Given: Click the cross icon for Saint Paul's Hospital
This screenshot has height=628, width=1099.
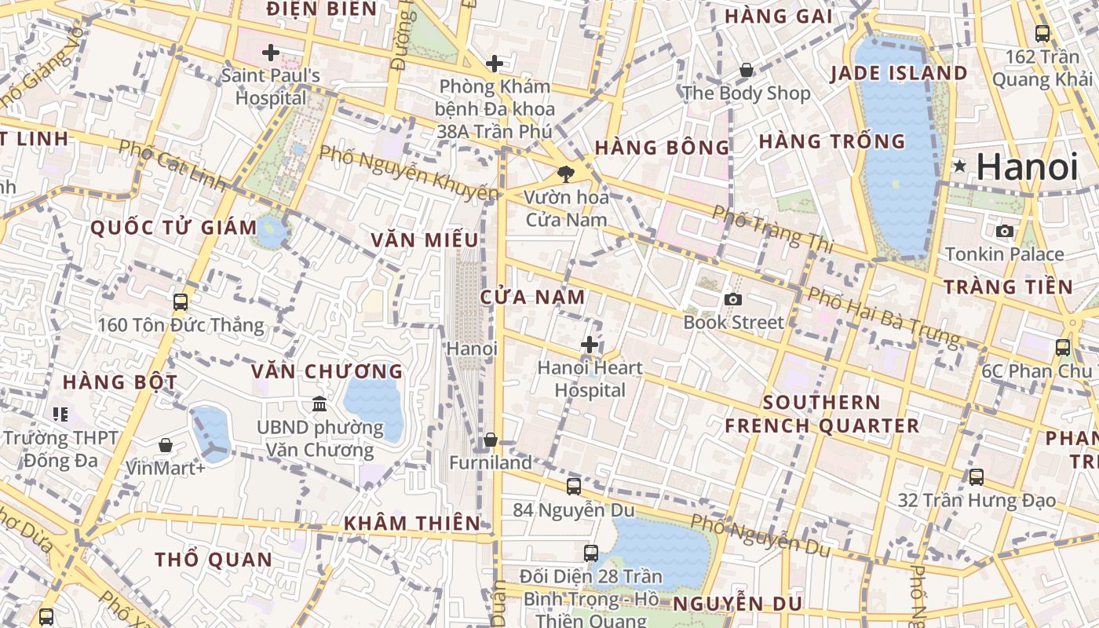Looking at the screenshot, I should [271, 53].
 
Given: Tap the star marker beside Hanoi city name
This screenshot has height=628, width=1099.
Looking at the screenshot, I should [959, 166].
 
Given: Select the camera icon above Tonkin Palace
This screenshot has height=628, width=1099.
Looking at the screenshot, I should [1004, 231].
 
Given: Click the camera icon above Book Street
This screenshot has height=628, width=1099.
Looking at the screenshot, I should [733, 299].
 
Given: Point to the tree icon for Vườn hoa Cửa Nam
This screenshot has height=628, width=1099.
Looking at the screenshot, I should [565, 173].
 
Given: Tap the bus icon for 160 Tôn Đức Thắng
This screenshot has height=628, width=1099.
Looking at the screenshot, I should [181, 302].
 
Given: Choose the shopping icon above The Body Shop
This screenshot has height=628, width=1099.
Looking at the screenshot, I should [747, 71].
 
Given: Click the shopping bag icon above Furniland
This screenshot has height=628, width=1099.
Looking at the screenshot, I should [491, 440].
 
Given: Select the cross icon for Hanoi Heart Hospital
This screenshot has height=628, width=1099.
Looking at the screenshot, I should [590, 345].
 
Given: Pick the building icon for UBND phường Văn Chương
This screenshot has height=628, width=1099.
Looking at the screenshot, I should [319, 404].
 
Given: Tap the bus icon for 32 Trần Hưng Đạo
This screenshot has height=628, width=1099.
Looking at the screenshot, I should [977, 477].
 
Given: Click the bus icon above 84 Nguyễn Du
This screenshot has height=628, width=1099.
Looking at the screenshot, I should [574, 487].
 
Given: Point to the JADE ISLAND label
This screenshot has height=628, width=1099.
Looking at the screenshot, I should [899, 73].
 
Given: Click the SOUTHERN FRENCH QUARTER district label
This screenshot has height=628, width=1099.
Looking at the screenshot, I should [822, 414].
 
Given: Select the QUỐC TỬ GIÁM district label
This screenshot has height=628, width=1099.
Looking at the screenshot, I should [173, 228].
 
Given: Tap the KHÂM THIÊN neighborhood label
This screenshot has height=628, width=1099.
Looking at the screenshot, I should [412, 523].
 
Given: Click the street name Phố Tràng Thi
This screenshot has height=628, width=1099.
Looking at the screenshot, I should [772, 229].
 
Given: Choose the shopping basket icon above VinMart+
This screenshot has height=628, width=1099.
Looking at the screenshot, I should [166, 446].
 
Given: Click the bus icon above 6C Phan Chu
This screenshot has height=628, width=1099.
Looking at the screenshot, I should [1063, 348].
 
